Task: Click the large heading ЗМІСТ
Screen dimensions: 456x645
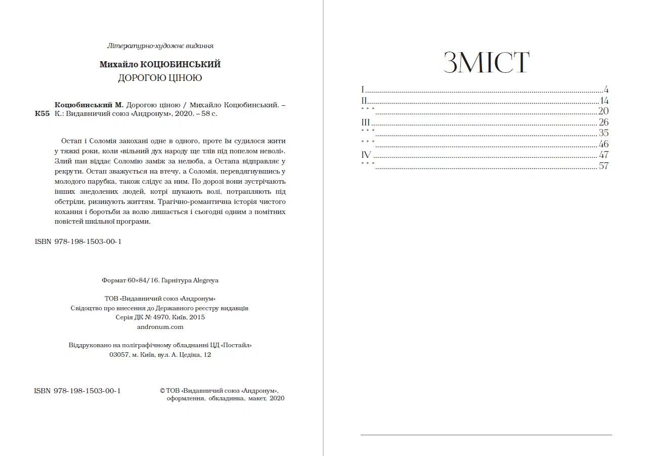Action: (x=486, y=63)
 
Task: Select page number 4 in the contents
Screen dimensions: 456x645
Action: (x=606, y=90)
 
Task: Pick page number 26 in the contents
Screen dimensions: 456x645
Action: (x=603, y=122)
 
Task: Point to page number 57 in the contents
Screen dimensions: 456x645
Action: (x=603, y=166)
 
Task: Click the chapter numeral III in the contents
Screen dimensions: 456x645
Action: (x=365, y=122)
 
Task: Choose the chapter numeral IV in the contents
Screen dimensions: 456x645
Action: (x=366, y=155)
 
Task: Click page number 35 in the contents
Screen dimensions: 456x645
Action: (x=603, y=133)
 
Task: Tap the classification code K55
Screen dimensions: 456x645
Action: (x=42, y=114)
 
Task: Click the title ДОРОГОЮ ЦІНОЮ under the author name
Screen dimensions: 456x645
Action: (x=160, y=78)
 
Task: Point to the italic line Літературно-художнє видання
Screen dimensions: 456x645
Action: (x=160, y=46)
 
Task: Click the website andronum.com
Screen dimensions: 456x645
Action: (x=160, y=327)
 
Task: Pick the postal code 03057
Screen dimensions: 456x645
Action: (x=119, y=355)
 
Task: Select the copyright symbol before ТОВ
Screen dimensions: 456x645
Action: (x=162, y=391)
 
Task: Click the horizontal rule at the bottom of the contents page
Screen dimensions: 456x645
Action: (x=486, y=435)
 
